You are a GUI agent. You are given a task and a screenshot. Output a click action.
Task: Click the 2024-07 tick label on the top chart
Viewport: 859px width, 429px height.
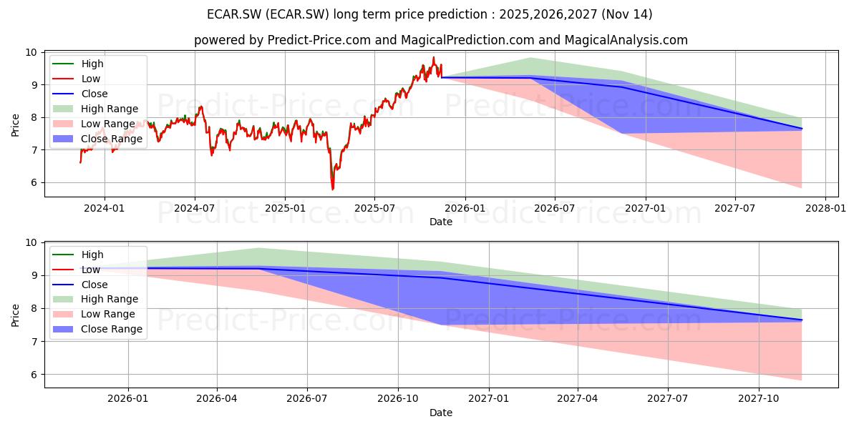pos(195,208)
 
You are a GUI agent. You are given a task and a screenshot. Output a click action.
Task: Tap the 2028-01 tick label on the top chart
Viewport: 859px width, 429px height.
pos(825,208)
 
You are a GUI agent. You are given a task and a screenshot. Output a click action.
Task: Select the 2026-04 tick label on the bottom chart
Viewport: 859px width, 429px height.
pos(217,399)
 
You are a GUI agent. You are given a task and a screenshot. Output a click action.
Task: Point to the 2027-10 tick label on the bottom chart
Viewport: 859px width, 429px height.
pos(759,399)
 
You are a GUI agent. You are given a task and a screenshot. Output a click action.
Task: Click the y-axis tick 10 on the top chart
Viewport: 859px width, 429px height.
pos(31,52)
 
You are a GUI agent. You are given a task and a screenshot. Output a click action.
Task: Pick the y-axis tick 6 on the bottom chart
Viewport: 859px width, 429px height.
pos(34,375)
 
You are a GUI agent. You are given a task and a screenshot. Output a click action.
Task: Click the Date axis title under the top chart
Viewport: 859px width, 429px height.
pos(441,222)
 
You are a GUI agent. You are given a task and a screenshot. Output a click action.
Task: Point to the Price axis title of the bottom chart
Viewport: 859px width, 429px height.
pos(15,315)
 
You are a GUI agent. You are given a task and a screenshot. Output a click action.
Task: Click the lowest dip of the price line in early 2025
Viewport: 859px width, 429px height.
pos(332,189)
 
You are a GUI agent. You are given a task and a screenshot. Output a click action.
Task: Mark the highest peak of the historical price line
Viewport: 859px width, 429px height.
pos(434,57)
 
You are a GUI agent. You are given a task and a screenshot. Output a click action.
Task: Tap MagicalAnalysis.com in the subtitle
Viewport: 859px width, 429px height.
pos(626,40)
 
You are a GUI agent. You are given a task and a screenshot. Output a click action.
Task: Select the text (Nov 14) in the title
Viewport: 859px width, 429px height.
pos(626,14)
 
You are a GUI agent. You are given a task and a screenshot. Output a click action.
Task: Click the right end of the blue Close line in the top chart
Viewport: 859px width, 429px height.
pos(802,129)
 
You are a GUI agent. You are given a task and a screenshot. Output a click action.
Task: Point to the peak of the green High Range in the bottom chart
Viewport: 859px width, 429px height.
pos(258,248)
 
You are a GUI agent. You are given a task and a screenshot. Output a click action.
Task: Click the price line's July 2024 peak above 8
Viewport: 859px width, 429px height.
pos(200,107)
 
